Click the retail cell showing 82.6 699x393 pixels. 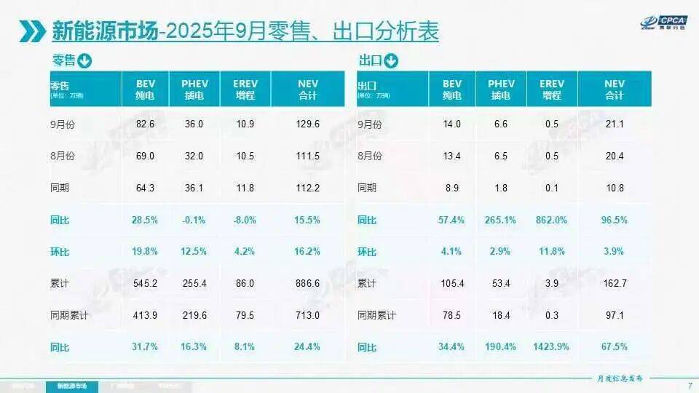pyautogui.click(x=146, y=124)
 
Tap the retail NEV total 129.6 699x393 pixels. pyautogui.click(x=308, y=124)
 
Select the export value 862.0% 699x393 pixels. pyautogui.click(x=551, y=220)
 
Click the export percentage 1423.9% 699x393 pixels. pyautogui.click(x=551, y=346)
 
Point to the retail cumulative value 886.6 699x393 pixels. pyautogui.click(x=308, y=283)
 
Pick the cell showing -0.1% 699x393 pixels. pyautogui.click(x=194, y=220)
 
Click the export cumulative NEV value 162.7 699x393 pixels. pyautogui.click(x=615, y=283)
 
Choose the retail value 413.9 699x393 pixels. pyautogui.click(x=146, y=315)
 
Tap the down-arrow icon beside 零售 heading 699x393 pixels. pyautogui.click(x=84, y=60)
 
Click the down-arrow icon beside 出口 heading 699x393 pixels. pyautogui.click(x=392, y=60)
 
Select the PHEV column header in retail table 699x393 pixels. pyautogui.click(x=194, y=89)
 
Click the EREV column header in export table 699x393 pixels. pyautogui.click(x=551, y=89)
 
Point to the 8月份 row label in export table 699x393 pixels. pyautogui.click(x=371, y=156)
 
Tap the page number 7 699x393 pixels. pyautogui.click(x=689, y=385)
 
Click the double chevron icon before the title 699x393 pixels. pyautogui.click(x=33, y=31)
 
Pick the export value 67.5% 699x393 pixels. pyautogui.click(x=615, y=346)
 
